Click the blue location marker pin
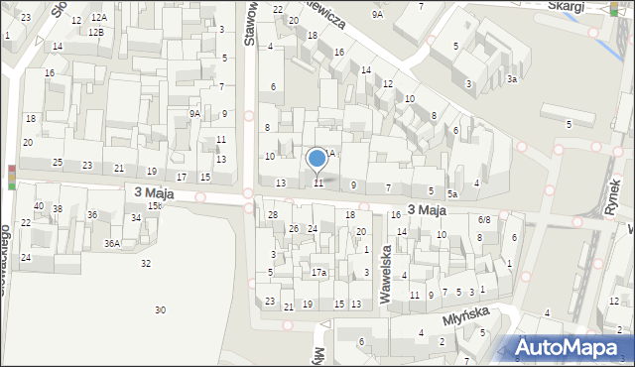pos(317,159)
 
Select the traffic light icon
pos(12,177)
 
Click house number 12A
pos(98,18)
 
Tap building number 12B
pos(95,32)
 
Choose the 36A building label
pos(112,243)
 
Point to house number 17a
pos(318,272)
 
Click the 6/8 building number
pos(484,219)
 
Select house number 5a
pos(451,193)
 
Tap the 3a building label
pos(512,78)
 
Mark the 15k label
pos(155,205)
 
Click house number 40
pos(39,206)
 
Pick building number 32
pos(146,263)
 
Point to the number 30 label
pos(161,310)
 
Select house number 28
pos(273,215)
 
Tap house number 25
pos(58,162)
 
